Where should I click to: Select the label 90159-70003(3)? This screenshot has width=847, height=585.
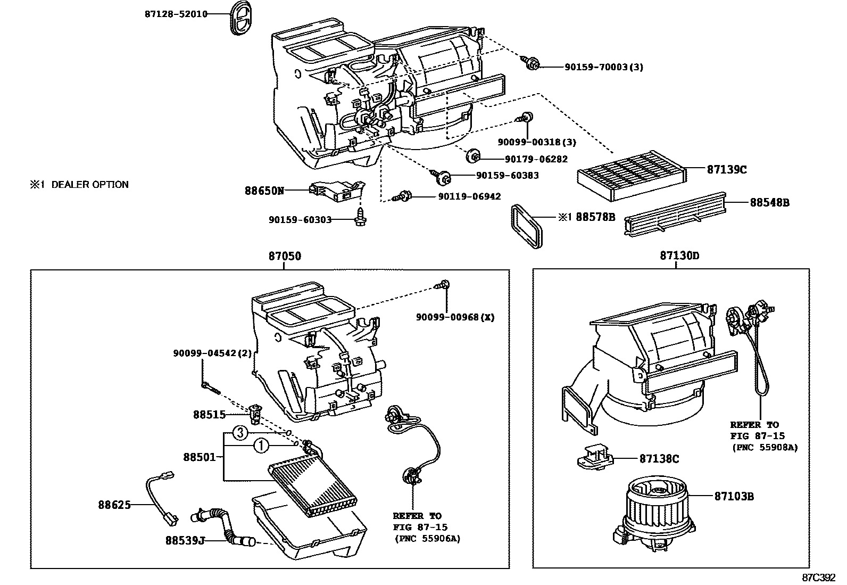[x=604, y=68]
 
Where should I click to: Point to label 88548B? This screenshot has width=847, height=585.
[x=769, y=202]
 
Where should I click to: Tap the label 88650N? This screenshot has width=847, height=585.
[x=264, y=190]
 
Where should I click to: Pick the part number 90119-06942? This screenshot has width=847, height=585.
[x=469, y=196]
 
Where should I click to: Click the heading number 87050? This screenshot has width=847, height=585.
[x=285, y=256]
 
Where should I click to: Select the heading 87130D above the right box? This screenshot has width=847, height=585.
[x=679, y=256]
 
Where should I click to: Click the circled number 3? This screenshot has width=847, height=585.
[x=240, y=433]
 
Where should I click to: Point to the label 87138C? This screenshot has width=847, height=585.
[x=659, y=458]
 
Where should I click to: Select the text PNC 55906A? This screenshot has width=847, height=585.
[x=427, y=539]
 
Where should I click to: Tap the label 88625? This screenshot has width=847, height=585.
[x=114, y=505]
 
